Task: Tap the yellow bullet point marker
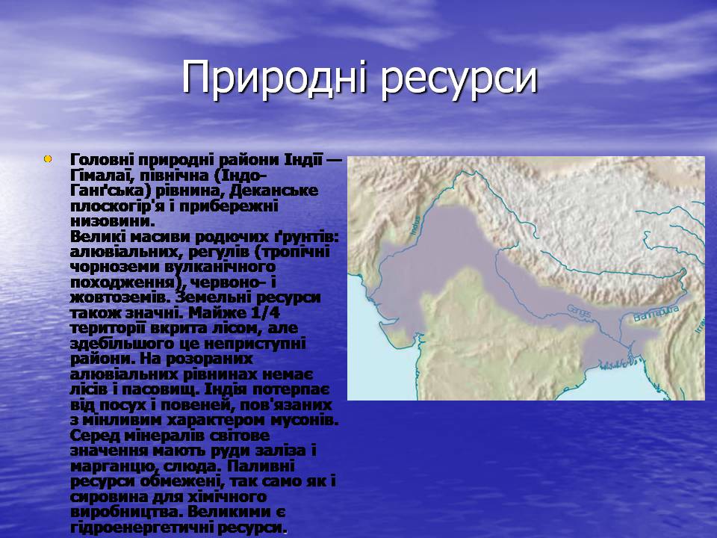point(48,159)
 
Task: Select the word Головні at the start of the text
point(102,160)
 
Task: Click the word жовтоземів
point(119,298)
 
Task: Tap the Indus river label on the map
point(416,226)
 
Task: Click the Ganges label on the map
point(579,311)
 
